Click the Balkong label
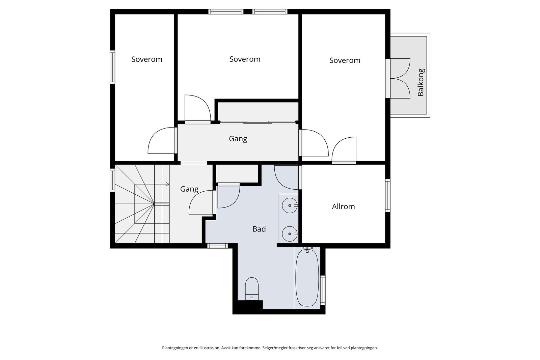coord(421,82)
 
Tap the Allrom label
coord(343,206)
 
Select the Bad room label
coord(259,229)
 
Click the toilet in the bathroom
coord(252,289)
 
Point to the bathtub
coord(307,278)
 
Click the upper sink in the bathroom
coord(290,205)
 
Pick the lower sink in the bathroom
coord(290,234)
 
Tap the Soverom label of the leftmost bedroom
coord(146,59)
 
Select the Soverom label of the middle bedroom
coord(245,59)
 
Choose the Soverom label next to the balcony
coord(345,60)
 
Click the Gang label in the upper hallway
coord(238,139)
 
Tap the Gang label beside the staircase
coord(189,189)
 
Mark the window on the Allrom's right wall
coord(388,195)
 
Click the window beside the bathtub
coord(323,290)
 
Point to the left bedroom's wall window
coord(112,67)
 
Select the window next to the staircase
coord(112,180)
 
